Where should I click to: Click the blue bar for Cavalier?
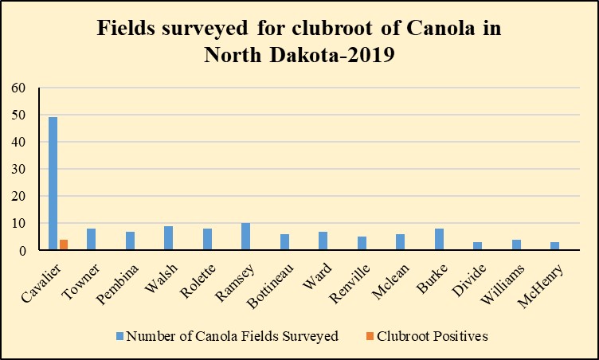tap(53, 184)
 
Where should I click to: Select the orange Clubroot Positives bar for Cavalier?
tap(64, 245)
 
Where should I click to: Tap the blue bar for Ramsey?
tap(246, 237)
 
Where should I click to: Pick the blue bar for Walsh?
tap(169, 239)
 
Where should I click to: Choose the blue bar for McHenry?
tap(555, 247)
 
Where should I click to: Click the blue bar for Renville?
tap(362, 244)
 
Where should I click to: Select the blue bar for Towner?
tap(92, 241)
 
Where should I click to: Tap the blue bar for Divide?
tap(478, 247)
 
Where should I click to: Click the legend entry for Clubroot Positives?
tap(435, 336)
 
